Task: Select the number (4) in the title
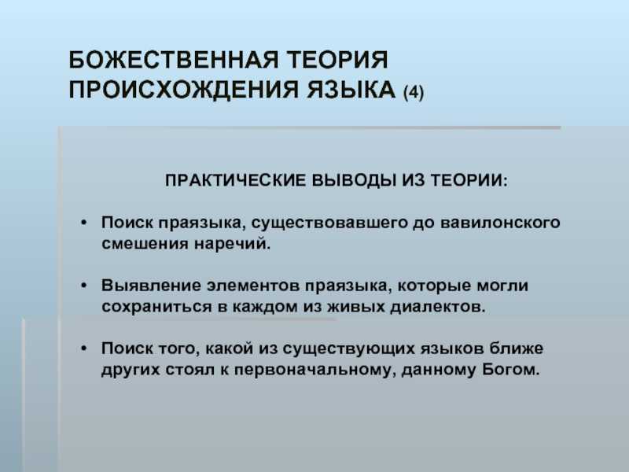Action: pyautogui.click(x=414, y=91)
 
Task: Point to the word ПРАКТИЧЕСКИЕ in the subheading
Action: pyautogui.click(x=235, y=181)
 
